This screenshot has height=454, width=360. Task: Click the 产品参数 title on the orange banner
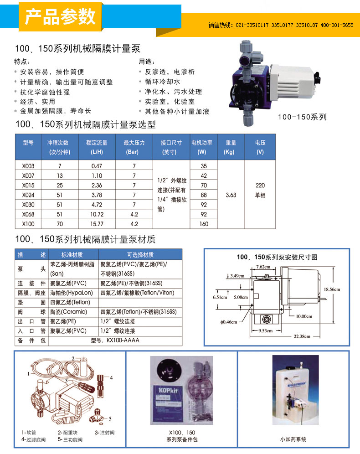tap(60, 17)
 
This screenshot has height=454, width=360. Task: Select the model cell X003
tap(28, 166)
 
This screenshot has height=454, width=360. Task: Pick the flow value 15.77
tap(97, 224)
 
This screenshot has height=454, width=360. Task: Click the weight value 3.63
tap(231, 195)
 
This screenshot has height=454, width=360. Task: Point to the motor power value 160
tap(203, 224)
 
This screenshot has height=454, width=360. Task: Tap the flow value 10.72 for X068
tap(97, 214)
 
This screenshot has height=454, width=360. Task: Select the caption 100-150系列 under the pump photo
tap(303, 117)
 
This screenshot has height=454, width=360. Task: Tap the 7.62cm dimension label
tap(262, 267)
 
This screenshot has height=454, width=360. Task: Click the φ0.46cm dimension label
tap(228, 322)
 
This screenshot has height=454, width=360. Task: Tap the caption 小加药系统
tap(293, 439)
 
